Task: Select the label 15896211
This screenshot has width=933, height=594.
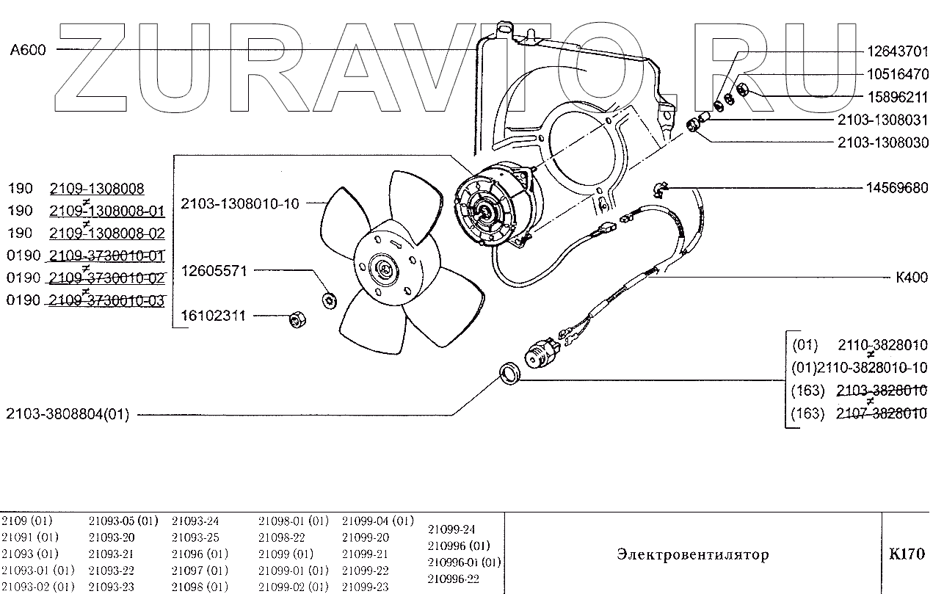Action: click(897, 97)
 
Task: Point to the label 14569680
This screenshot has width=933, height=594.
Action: click(897, 188)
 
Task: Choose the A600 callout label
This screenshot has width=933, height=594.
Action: click(28, 50)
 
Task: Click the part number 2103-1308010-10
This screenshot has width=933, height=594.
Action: click(240, 203)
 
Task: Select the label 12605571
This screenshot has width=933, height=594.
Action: click(209, 271)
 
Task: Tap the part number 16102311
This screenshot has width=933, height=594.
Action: click(209, 316)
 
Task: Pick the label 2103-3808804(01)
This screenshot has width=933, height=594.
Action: click(68, 415)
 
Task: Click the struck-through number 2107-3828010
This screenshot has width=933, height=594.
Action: click(882, 414)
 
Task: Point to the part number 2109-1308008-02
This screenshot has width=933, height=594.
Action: click(107, 233)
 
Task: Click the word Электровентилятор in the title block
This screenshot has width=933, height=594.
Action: click(693, 554)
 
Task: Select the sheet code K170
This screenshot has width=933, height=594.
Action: click(907, 554)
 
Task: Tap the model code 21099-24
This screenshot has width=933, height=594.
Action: click(451, 529)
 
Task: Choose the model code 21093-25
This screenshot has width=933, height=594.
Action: click(195, 537)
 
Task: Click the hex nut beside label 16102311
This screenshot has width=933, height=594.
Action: click(297, 319)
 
